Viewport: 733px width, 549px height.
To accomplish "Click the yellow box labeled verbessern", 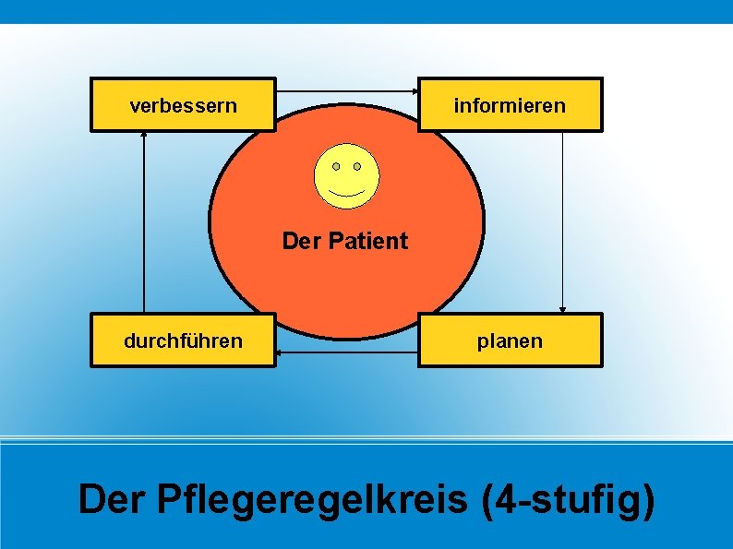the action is point(183,104).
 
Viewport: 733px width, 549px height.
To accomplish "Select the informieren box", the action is point(510,104).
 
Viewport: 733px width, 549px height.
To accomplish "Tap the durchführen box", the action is point(183,340).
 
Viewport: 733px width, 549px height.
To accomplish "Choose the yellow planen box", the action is point(510,340).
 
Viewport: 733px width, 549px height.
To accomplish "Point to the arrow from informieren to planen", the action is point(562,221).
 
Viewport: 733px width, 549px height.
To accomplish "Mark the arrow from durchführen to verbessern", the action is point(144,221).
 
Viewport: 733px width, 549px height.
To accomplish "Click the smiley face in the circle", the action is point(346,176).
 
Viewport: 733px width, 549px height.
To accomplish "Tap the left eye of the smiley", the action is point(336,166).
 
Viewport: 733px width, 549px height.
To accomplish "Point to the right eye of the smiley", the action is point(357,166).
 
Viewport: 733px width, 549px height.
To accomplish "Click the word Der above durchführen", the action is point(298,242).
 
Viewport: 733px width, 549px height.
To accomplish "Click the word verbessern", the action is point(183,105).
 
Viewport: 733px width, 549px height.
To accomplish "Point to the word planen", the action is point(510,341).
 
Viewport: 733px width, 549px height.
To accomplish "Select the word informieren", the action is point(510,105).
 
